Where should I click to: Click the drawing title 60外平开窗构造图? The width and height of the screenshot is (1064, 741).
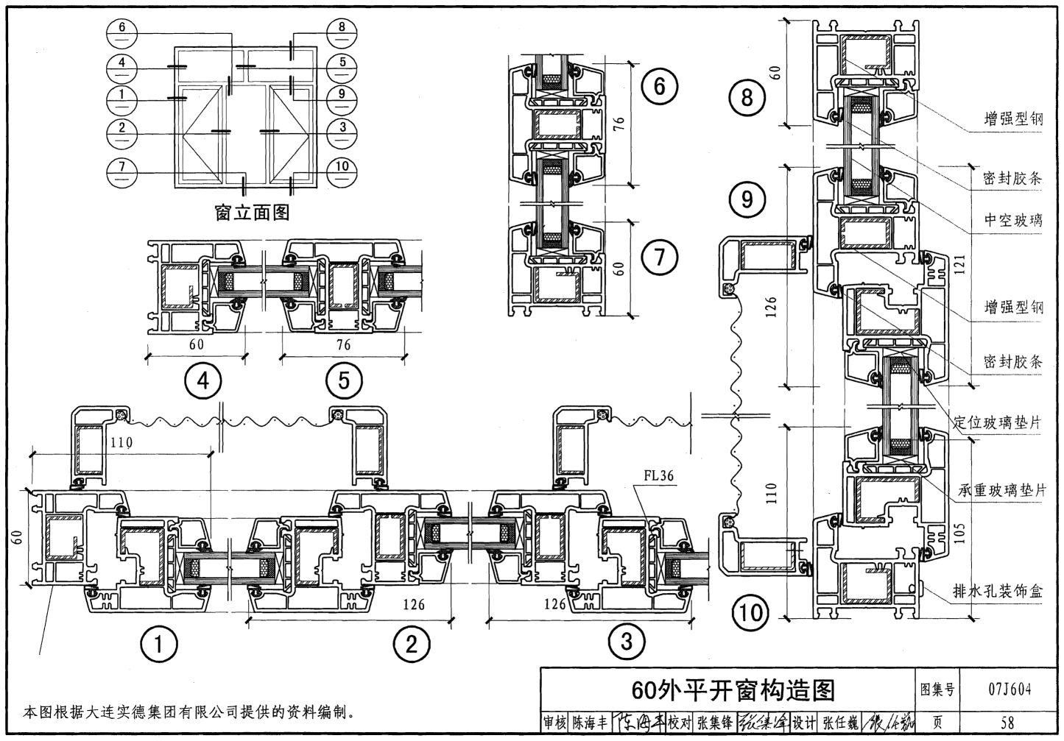pos(733,689)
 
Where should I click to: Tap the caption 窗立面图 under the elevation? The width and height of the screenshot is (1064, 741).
pos(252,213)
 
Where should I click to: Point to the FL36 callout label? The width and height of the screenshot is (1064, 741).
pos(658,476)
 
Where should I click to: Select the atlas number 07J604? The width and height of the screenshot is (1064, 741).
pos(1009,689)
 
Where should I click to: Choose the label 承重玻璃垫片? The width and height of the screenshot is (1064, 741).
pos(1001,490)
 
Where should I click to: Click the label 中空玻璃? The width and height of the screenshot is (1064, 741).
pos(1013,219)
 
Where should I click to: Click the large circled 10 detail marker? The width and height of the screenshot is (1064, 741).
pos(750,612)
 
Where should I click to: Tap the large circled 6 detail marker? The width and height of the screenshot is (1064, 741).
pos(659,87)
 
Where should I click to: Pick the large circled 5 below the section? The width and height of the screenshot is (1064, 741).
pos(343,380)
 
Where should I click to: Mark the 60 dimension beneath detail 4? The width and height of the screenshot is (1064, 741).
pos(197,344)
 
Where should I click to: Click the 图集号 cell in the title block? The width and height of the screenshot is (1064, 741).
pos(937,689)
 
